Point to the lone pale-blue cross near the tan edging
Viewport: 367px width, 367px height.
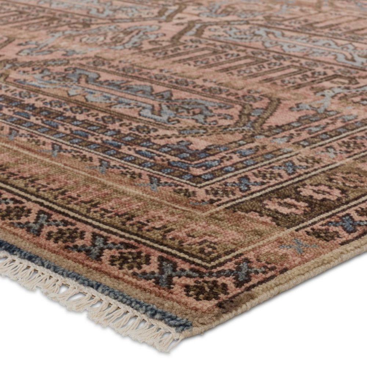click(298, 245)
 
